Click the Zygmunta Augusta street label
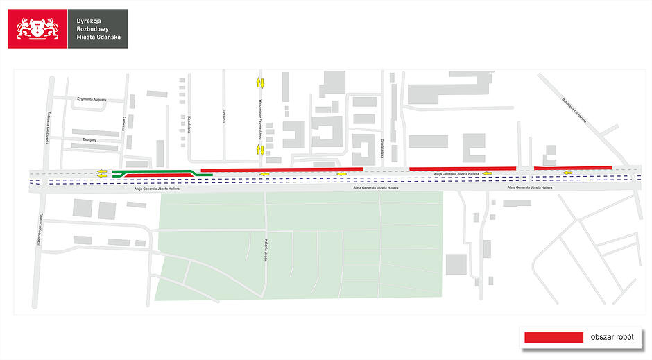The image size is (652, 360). pos(92,100)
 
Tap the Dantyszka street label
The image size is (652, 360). pos(89,139)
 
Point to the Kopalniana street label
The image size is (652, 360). pos(188,124)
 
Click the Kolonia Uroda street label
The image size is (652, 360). pos(266,250)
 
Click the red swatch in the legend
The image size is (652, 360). pos(554,336)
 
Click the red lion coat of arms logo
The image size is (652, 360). pos(37,28)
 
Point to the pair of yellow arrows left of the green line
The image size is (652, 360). pos(103,173)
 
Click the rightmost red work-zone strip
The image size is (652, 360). pos(573,167)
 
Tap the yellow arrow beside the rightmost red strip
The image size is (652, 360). pos(568,173)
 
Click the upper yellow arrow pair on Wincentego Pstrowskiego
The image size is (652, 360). pos(261,83)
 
